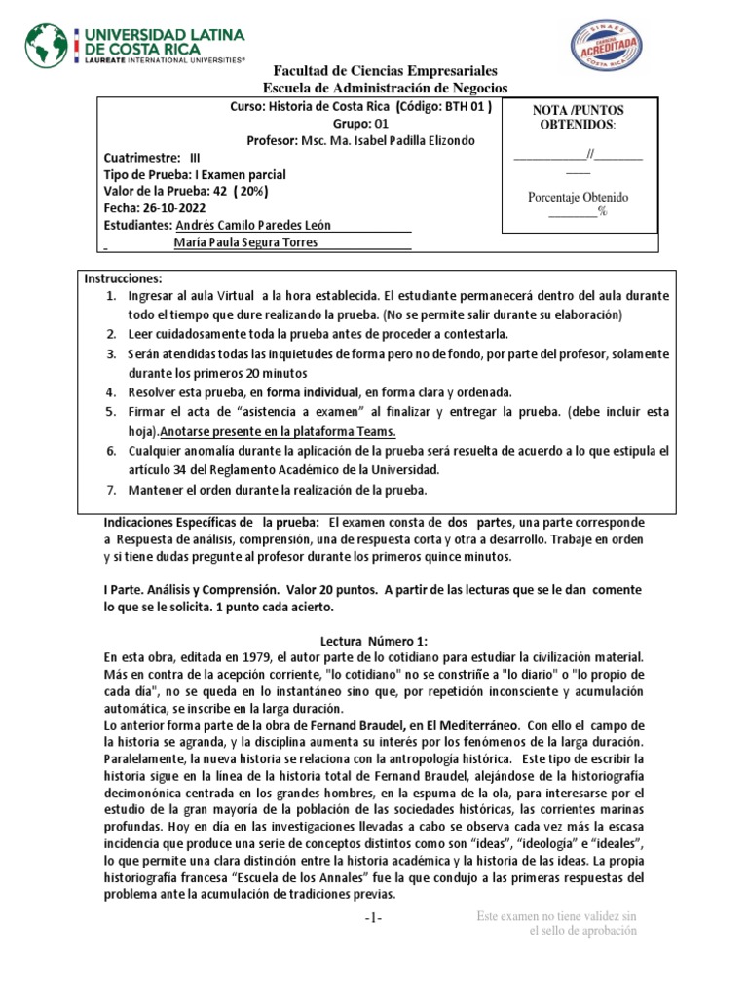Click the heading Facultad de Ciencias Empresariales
click(386, 72)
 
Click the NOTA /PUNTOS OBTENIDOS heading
click(579, 119)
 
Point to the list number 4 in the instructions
click(112, 391)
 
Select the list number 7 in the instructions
click(112, 490)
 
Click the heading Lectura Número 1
click(374, 641)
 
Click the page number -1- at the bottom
click(374, 920)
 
